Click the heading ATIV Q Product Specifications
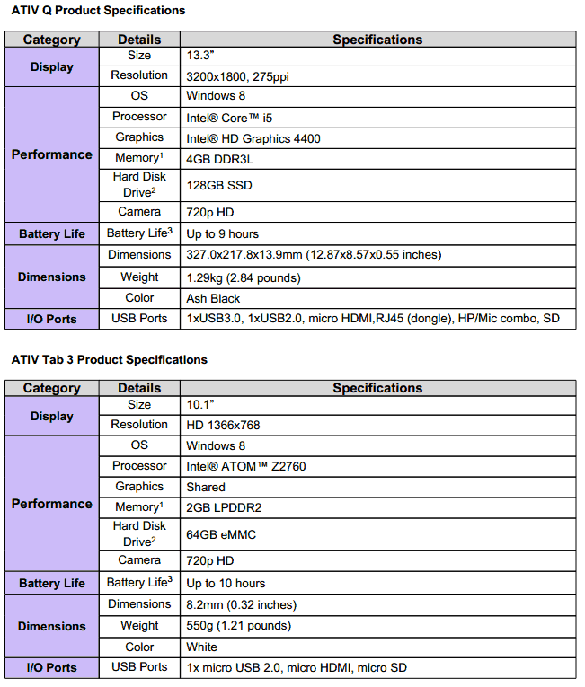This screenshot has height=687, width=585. [x=98, y=11]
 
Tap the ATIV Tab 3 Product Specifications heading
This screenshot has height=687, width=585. [x=109, y=360]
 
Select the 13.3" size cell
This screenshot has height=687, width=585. [x=199, y=56]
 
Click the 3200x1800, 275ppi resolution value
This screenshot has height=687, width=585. [x=237, y=76]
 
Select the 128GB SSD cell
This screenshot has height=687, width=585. [x=218, y=185]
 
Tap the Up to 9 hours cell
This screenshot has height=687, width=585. [x=222, y=234]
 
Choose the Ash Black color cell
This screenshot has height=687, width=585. [x=213, y=298]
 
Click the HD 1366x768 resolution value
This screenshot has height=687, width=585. [x=222, y=425]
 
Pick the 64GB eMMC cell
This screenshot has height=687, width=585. [x=221, y=534]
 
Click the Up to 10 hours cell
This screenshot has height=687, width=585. [x=226, y=584]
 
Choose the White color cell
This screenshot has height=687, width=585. [x=201, y=647]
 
